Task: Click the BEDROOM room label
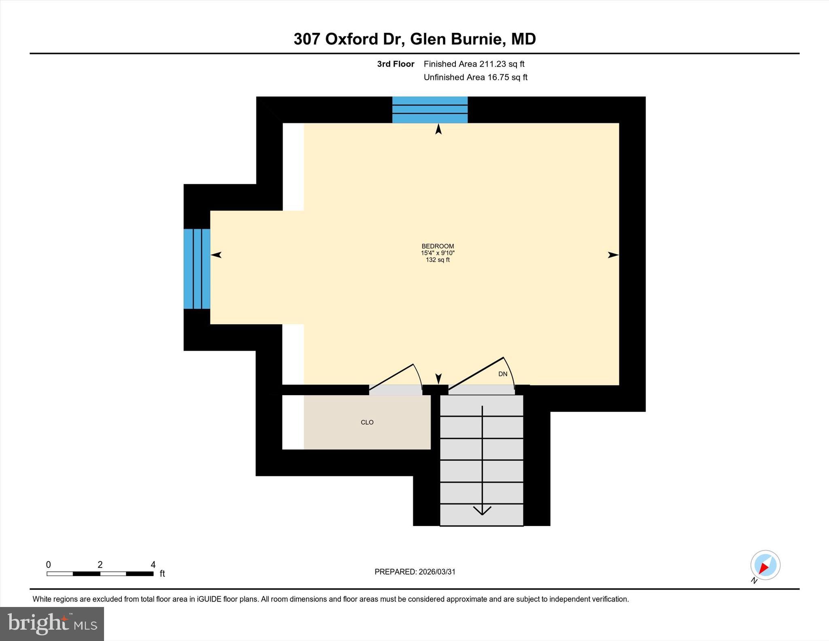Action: [x=438, y=246]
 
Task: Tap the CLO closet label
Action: [x=367, y=422]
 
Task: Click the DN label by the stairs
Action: [x=502, y=374]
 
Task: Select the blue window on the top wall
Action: [x=430, y=110]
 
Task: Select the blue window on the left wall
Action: [x=197, y=269]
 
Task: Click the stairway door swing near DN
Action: [x=482, y=373]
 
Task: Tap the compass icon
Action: [x=765, y=565]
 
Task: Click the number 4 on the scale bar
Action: [x=153, y=564]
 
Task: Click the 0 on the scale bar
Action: [x=49, y=564]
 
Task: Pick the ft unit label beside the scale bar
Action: [x=162, y=574]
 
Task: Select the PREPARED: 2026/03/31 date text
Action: [x=415, y=572]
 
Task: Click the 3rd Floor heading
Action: [x=395, y=64]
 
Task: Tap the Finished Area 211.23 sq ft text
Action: [x=474, y=64]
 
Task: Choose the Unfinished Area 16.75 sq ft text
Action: [x=475, y=77]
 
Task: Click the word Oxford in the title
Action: [x=351, y=39]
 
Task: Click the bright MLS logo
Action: [x=52, y=624]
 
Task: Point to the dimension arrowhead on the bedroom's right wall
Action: [x=613, y=255]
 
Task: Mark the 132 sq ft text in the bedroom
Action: [x=438, y=260]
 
